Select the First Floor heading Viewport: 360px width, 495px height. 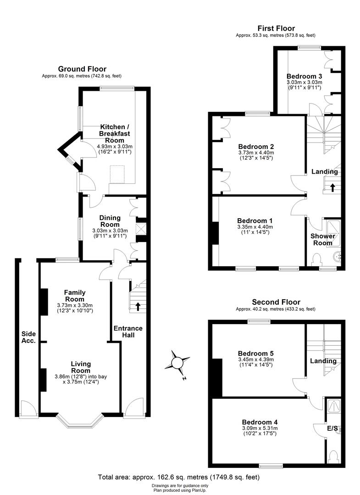pyautogui.click(x=276, y=28)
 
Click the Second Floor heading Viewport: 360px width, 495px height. pyautogui.click(x=276, y=302)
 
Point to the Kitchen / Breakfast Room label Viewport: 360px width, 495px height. pyautogui.click(x=115, y=133)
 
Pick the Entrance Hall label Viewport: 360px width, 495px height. pyautogui.click(x=128, y=332)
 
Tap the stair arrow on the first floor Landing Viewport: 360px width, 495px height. pyautogui.click(x=332, y=187)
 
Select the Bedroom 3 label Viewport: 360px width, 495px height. pyautogui.click(x=304, y=76)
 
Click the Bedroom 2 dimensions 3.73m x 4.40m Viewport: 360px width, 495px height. pyautogui.click(x=256, y=153)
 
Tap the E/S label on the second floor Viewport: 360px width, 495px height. pyautogui.click(x=332, y=429)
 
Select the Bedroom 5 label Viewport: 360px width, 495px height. pyautogui.click(x=256, y=353)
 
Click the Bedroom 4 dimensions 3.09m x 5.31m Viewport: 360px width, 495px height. pyautogui.click(x=260, y=428)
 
